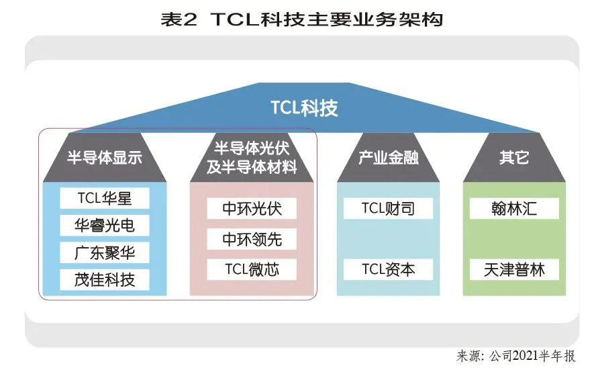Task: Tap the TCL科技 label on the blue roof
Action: (x=304, y=107)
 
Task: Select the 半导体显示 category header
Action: (x=105, y=158)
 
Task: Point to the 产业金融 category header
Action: (x=388, y=158)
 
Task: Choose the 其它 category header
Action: (x=514, y=158)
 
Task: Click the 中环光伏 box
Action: (x=252, y=208)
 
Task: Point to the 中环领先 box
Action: (x=252, y=239)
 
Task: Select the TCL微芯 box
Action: (x=252, y=270)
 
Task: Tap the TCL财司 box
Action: (x=388, y=208)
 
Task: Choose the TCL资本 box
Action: (x=388, y=270)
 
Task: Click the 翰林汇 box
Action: (x=514, y=208)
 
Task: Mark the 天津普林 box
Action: (x=514, y=270)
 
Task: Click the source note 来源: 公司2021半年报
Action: (x=515, y=356)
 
